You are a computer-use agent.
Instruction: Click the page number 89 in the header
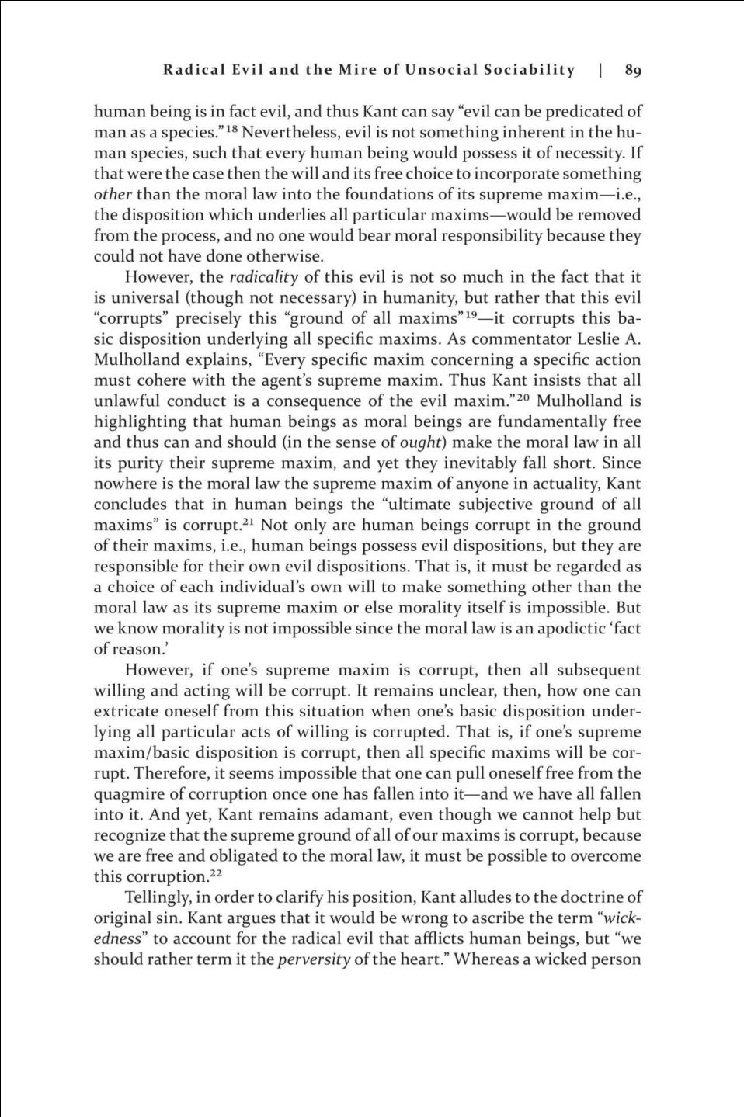(x=633, y=71)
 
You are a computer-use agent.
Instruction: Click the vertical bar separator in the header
(x=601, y=71)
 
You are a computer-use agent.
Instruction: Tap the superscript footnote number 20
(x=523, y=397)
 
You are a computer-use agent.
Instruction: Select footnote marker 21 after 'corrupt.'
(x=249, y=521)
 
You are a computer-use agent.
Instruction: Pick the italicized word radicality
(x=264, y=277)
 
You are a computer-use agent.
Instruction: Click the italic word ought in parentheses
(x=422, y=442)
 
